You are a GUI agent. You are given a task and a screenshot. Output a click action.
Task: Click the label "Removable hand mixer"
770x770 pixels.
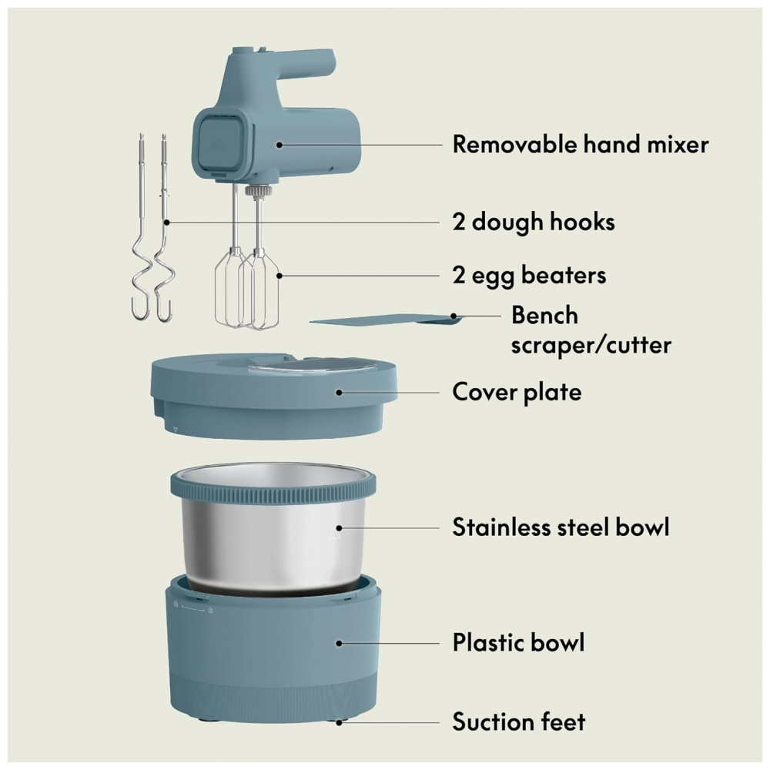tap(581, 145)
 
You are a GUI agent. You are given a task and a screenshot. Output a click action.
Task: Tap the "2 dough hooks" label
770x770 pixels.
tap(534, 222)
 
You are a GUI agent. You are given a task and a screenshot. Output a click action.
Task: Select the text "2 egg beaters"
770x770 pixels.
tap(530, 275)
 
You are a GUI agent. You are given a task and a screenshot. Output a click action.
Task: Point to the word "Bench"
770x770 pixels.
tap(544, 315)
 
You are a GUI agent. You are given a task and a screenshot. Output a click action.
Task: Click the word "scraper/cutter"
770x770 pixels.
tap(591, 345)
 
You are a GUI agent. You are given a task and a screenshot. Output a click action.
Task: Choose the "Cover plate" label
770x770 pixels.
tap(517, 393)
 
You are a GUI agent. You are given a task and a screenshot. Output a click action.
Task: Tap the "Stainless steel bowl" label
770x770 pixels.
tap(561, 527)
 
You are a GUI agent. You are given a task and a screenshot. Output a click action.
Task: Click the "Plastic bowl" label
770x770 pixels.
tap(518, 642)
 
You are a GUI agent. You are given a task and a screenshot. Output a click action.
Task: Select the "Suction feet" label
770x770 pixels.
tap(519, 722)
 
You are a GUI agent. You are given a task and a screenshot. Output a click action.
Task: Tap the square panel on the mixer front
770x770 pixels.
tap(220, 142)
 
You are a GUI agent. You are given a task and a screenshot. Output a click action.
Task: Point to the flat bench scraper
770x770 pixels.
tap(386, 320)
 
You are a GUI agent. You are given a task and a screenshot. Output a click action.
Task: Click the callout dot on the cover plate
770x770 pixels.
tap(339, 393)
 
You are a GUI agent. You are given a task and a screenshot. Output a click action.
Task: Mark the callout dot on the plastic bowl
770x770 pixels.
tap(339, 643)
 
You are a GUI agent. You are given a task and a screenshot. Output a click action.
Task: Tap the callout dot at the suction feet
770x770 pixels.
tap(339, 722)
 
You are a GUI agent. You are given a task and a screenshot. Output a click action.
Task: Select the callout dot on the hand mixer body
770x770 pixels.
tap(279, 145)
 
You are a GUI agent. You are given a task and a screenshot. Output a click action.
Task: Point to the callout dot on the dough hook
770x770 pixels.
tap(167, 223)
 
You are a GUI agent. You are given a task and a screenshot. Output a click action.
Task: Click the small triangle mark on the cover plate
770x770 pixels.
tap(176, 429)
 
